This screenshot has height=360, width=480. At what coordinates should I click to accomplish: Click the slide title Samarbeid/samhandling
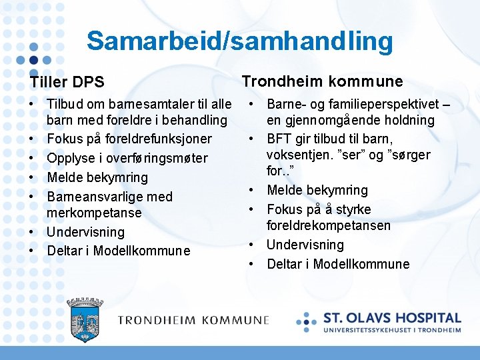click(x=239, y=41)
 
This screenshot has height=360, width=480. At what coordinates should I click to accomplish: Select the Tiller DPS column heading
click(x=67, y=82)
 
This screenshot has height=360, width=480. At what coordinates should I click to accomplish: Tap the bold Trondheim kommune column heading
click(x=322, y=81)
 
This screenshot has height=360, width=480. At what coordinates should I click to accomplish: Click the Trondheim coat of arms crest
click(x=85, y=320)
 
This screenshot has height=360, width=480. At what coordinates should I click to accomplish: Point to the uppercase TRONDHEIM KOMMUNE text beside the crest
click(x=193, y=321)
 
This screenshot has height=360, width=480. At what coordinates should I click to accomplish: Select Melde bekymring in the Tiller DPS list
click(x=97, y=177)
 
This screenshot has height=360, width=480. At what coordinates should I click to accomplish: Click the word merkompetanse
click(x=94, y=213)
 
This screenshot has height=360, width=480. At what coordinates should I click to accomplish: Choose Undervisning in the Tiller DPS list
click(x=85, y=232)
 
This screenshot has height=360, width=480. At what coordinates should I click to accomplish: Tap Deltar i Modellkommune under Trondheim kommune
click(x=338, y=264)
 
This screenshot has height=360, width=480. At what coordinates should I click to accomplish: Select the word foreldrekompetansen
click(x=329, y=225)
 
